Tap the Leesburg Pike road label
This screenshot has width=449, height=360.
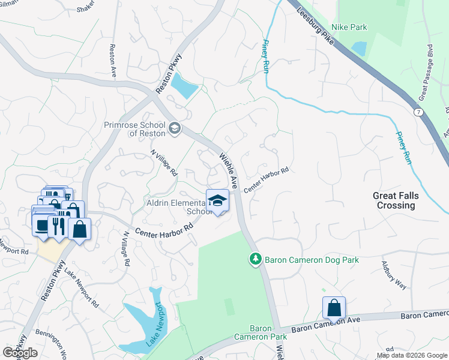314,23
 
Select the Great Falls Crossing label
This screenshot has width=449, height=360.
396,200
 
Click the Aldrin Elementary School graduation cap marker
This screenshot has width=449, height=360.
217,200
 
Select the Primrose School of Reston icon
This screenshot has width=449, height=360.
175,128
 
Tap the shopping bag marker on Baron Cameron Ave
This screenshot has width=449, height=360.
334,308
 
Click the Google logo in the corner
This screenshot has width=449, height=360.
20,353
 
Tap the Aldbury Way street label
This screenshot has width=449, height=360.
394,275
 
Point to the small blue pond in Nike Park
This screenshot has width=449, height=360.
358,48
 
